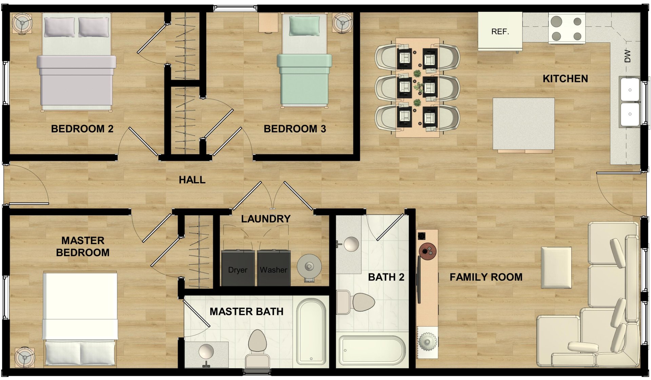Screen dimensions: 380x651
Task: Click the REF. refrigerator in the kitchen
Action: [x=500, y=31]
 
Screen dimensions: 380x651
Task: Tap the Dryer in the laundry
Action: [x=238, y=268]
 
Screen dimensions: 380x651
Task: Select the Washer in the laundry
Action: [x=274, y=268]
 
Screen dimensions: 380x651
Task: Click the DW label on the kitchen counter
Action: [x=627, y=56]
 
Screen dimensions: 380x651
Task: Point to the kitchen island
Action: [x=523, y=124]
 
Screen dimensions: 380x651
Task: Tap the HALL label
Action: [x=192, y=180]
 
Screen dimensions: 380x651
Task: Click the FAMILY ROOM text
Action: [x=486, y=277]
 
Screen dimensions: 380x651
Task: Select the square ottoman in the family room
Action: [x=556, y=267]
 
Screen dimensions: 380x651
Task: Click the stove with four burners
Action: [x=567, y=28]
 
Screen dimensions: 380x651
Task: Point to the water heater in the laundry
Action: [x=309, y=267]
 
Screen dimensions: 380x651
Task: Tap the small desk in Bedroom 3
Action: [x=268, y=23]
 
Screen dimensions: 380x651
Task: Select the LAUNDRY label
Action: [x=265, y=219]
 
